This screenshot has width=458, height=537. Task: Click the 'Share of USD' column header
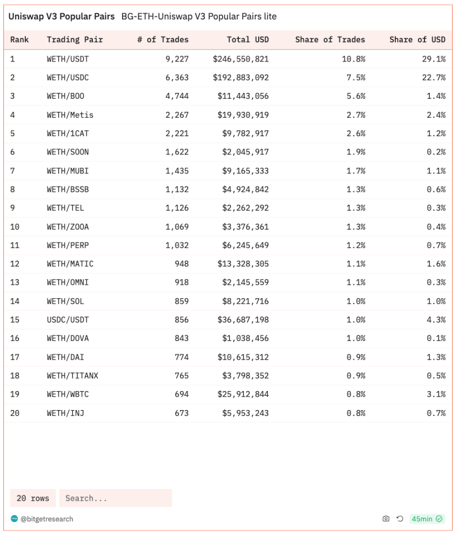(x=417, y=39)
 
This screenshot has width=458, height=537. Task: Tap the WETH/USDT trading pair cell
(x=68, y=59)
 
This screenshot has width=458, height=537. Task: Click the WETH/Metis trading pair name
(x=70, y=115)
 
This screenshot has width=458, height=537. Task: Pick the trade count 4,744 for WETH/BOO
(x=177, y=96)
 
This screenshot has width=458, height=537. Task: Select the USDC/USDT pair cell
(x=68, y=320)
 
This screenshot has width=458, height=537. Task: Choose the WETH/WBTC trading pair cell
(x=68, y=394)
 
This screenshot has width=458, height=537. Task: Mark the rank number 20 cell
(x=15, y=413)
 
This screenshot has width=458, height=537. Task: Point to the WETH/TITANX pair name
(x=72, y=375)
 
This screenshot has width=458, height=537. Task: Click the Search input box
(x=116, y=498)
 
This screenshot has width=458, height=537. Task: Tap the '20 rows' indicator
(x=33, y=498)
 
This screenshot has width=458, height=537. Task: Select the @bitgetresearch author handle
(x=47, y=519)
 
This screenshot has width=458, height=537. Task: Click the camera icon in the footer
(x=386, y=519)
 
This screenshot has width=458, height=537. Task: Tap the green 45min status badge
(x=427, y=519)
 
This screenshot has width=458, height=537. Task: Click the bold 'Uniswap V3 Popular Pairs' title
(x=62, y=17)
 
